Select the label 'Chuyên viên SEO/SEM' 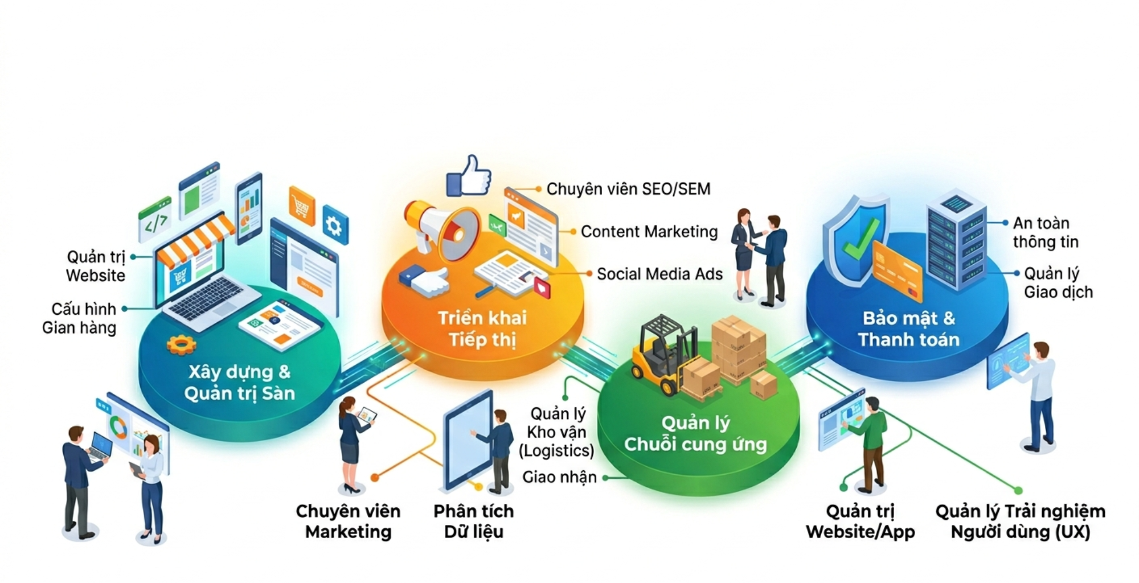tap(628, 189)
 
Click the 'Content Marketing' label tap(649, 232)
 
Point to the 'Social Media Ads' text tap(659, 274)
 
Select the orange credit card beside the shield tap(897, 271)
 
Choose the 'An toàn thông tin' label tap(1046, 232)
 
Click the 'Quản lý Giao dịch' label tap(1058, 282)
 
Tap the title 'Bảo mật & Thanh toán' tap(909, 329)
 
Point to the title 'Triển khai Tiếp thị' tap(482, 329)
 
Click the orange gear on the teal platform tap(181, 344)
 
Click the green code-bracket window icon tap(155, 220)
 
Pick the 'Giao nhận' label tap(559, 477)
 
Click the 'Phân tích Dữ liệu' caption tap(474, 521)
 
